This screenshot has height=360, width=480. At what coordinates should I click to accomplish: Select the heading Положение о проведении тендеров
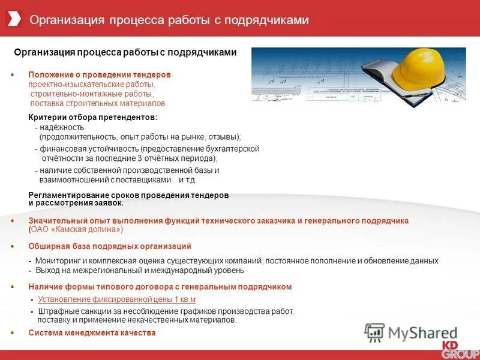100,75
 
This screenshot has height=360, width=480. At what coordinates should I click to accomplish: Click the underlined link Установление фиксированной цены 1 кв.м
117,299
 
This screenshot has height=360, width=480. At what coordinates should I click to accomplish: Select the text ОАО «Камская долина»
77,230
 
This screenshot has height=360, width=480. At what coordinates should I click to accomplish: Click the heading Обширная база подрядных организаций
110,247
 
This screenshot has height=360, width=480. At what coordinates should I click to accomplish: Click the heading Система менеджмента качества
92,333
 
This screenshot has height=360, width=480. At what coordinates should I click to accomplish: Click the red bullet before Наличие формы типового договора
12,287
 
